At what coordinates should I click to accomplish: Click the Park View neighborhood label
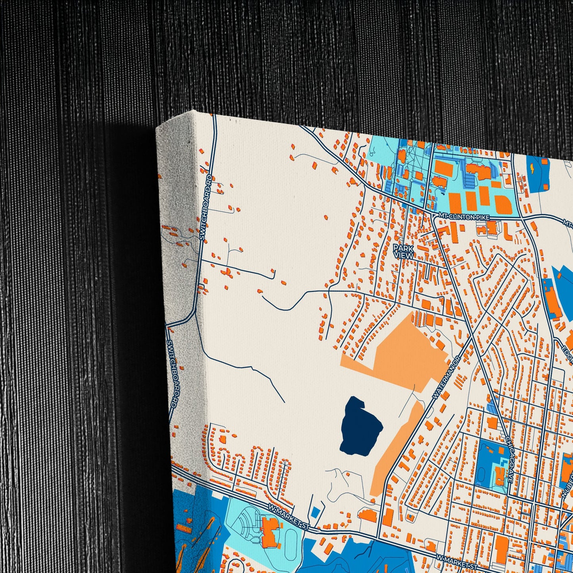click(x=403, y=251)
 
